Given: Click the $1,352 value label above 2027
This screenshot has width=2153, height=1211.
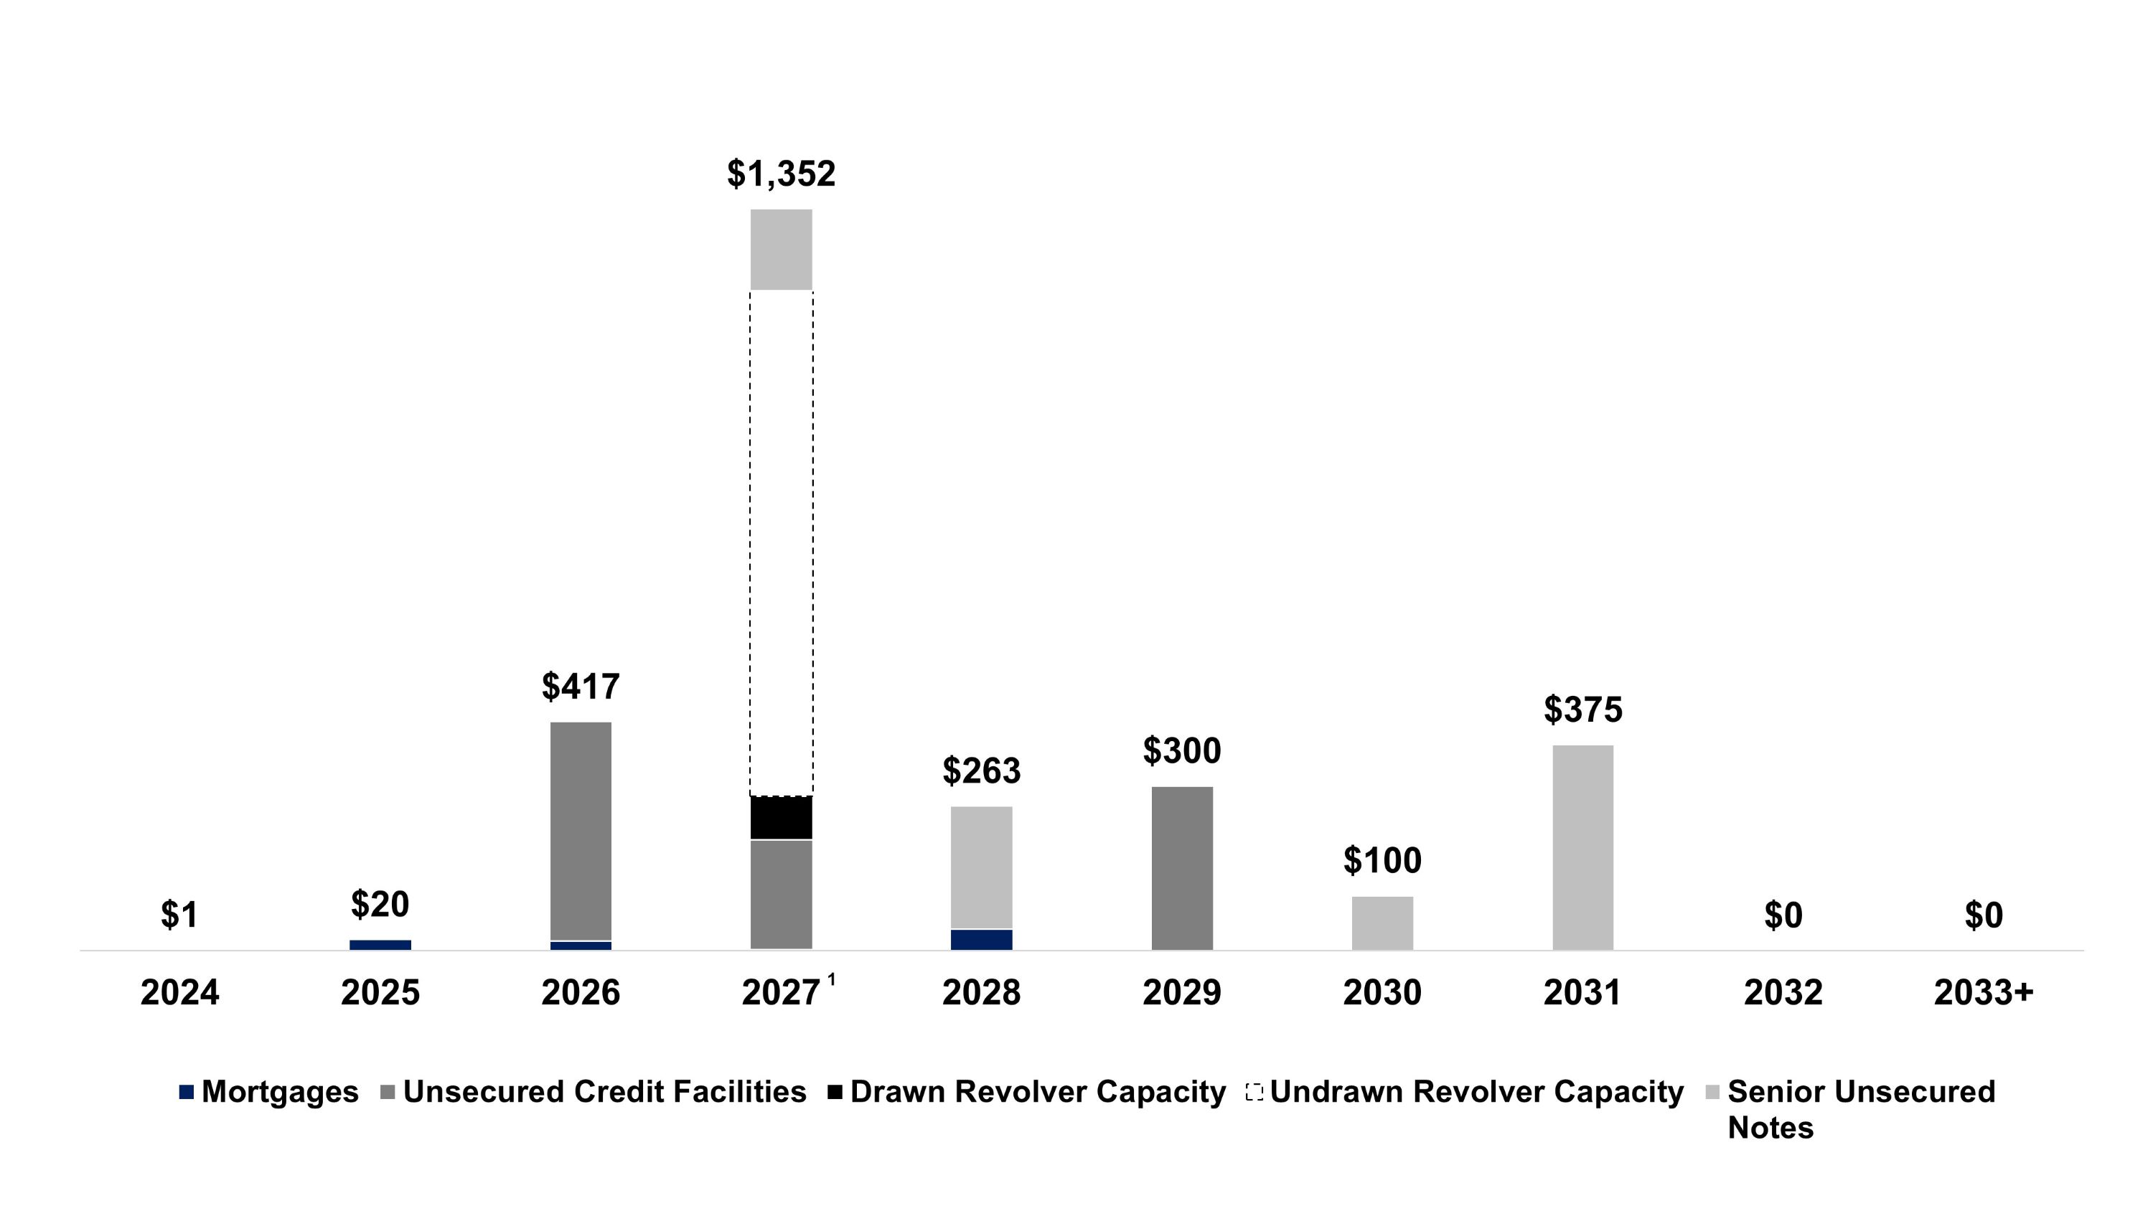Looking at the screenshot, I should tap(781, 174).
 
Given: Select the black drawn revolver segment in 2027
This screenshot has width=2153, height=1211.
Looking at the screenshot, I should tap(781, 817).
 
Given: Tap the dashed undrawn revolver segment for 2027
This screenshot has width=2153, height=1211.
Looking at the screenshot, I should tap(781, 543).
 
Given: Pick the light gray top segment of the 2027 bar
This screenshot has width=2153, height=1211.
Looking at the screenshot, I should tap(781, 249).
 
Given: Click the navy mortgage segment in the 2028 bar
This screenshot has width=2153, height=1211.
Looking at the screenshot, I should tap(981, 939).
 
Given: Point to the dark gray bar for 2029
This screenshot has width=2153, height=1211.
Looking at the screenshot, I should tap(1182, 867).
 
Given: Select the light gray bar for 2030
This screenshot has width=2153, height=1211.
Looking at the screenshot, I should tap(1382, 923).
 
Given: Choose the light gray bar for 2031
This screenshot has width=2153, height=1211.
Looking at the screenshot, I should tap(1583, 847).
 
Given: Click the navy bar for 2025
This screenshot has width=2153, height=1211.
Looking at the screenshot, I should tap(380, 944).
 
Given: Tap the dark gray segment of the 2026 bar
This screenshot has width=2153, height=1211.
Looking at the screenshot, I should tap(581, 831).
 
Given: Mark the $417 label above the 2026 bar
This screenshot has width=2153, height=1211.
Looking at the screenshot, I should tap(581, 687).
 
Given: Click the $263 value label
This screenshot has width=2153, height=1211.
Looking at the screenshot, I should tap(981, 771).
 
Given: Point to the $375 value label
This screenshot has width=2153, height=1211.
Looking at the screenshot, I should tap(1583, 710).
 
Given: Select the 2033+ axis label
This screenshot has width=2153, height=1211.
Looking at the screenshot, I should tap(1984, 993).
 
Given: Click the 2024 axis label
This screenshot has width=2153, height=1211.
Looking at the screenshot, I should tap(179, 993).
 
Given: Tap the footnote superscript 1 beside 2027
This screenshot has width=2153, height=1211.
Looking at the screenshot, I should tap(832, 979).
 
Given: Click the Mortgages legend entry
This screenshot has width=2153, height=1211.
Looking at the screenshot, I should tap(269, 1091).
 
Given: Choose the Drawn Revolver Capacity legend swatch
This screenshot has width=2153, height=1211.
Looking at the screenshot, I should tap(835, 1091).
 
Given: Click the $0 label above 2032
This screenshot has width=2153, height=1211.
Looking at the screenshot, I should tap(1783, 916).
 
